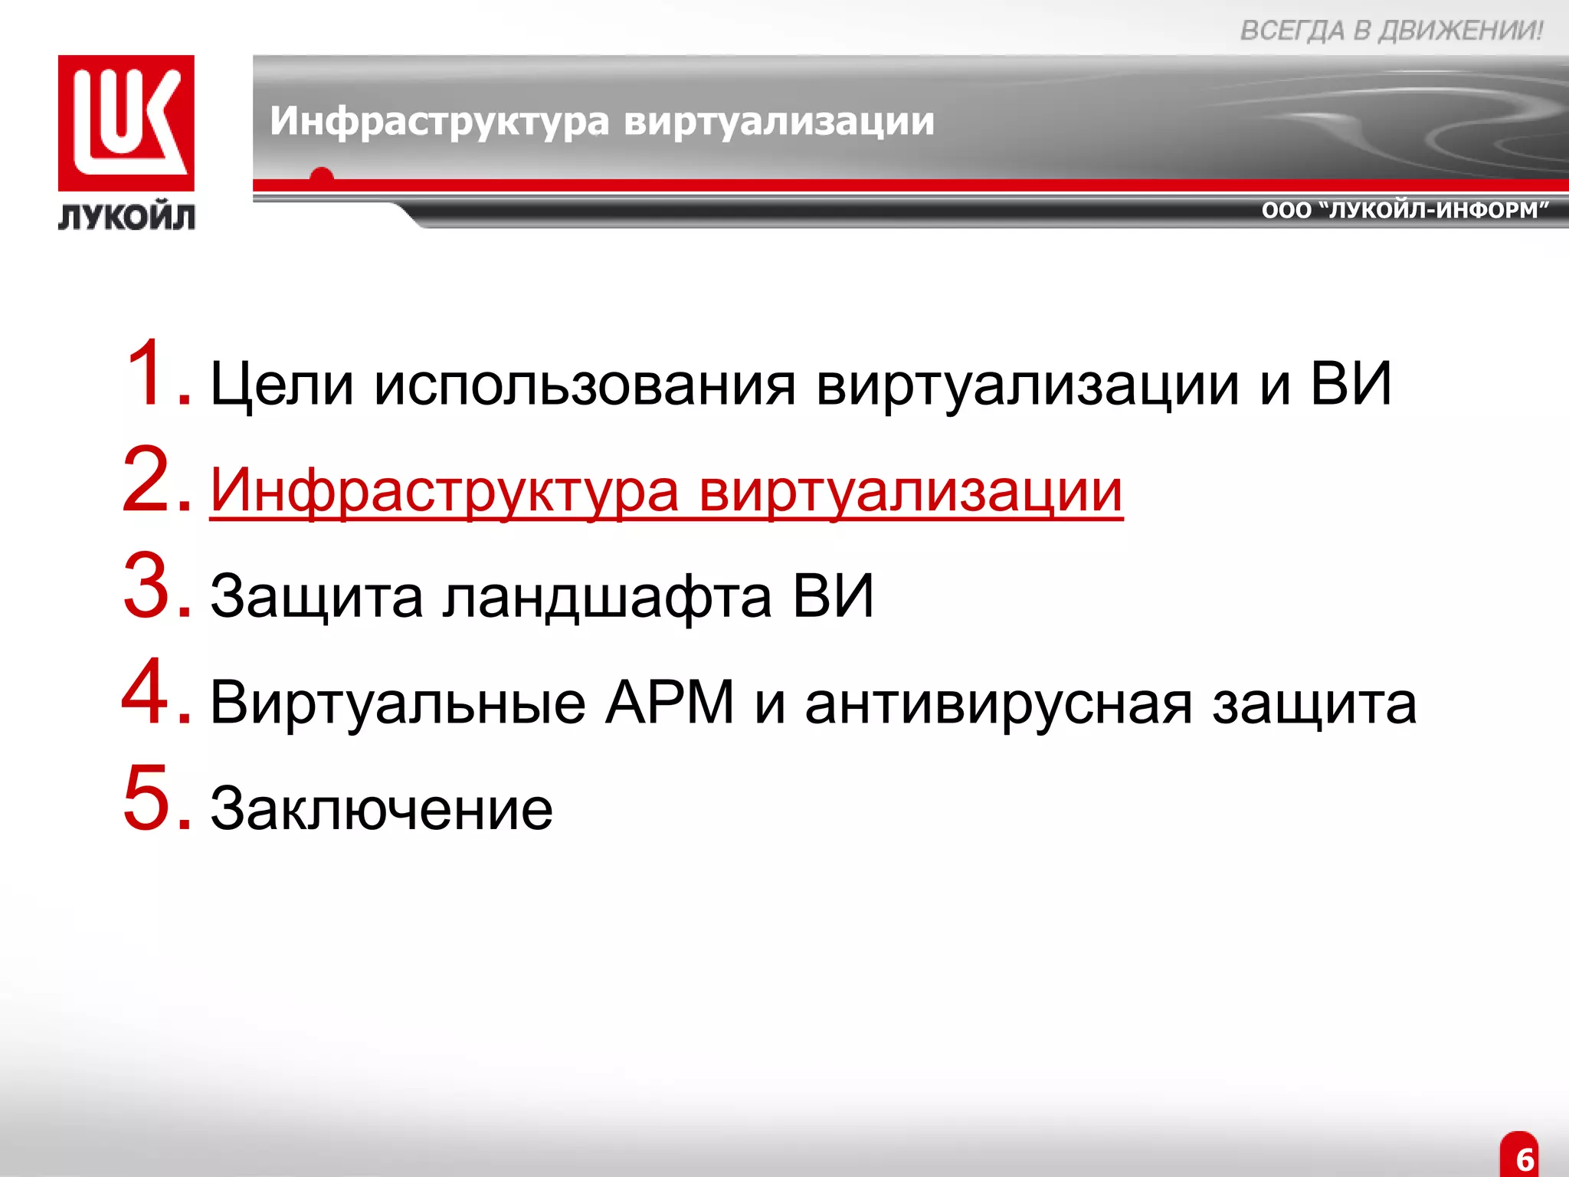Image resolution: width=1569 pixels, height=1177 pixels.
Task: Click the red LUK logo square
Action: tap(126, 123)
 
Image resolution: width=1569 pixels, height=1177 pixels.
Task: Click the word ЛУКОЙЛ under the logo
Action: tap(126, 218)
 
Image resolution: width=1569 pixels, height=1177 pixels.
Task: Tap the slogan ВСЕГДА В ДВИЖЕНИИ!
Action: tap(1391, 31)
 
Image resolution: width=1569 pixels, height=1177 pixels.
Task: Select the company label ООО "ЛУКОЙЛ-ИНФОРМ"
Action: tap(1405, 210)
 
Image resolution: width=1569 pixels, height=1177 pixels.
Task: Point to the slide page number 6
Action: tap(1525, 1159)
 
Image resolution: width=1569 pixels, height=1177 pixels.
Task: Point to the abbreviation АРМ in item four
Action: tap(670, 703)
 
